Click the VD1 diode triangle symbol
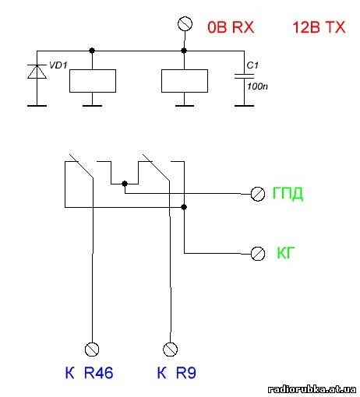coord(37,72)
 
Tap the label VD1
coord(58,65)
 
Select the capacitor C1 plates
coord(244,76)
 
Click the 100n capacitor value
coord(257,86)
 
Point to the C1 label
coord(252,65)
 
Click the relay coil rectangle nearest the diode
coord(93,81)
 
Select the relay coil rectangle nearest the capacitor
coord(185,81)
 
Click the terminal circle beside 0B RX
coord(185,24)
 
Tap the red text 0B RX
coord(231,27)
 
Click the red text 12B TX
coord(319,27)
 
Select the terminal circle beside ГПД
coord(258,194)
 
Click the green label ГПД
coord(288,193)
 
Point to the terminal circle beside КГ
coord(258,254)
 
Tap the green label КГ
coord(285,252)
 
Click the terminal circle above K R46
coord(92,350)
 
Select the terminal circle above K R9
coord(170,350)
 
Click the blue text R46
coord(98,373)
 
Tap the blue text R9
coord(186,373)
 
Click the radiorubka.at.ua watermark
coord(312,389)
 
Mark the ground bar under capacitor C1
coord(244,106)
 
